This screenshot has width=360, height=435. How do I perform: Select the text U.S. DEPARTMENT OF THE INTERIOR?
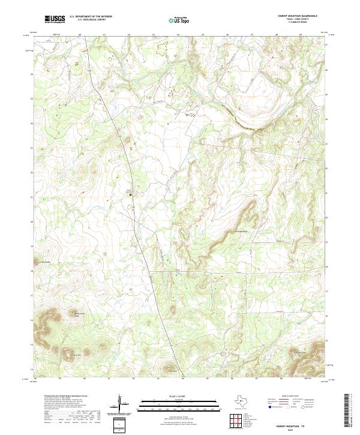point(91,16)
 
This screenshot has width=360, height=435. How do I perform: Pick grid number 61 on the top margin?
point(104,35)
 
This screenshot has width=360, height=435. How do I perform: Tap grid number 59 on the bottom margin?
point(59,379)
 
